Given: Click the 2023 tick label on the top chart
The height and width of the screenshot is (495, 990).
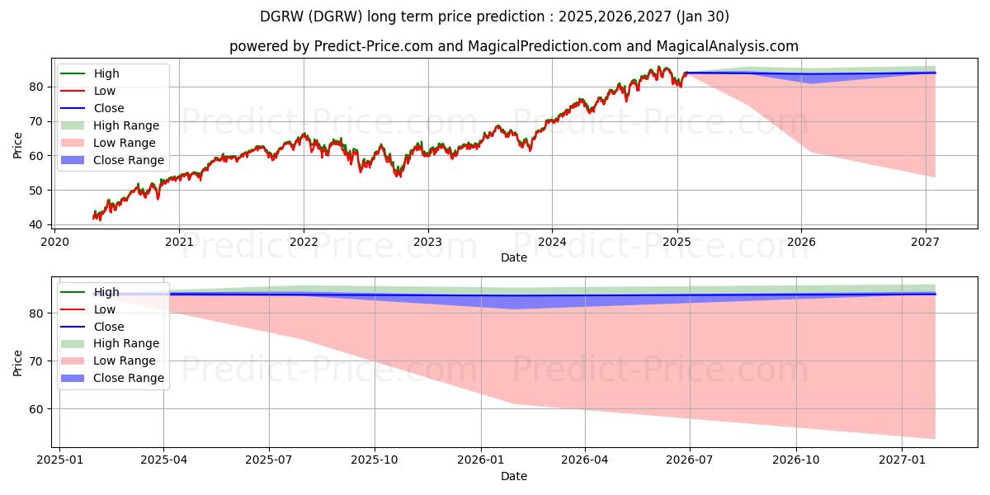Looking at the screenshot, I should click(x=427, y=242).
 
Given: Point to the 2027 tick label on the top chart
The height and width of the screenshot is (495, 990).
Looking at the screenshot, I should click(x=925, y=242).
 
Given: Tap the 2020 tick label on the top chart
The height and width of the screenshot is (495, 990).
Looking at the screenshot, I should click(x=54, y=242).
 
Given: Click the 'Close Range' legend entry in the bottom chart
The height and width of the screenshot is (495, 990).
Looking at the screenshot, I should click(x=129, y=378).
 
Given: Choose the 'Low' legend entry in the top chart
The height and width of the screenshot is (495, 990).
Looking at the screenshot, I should click(x=105, y=91).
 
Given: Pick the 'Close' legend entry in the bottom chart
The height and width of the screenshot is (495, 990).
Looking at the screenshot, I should click(x=109, y=327).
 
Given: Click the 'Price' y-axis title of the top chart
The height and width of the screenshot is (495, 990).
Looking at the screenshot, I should click(x=18, y=144).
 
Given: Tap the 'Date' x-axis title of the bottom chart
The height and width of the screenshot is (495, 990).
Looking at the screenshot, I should click(x=513, y=476).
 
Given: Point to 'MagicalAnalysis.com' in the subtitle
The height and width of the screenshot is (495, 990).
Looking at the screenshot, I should click(x=725, y=46).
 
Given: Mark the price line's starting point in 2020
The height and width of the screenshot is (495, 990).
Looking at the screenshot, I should click(x=93, y=218).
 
